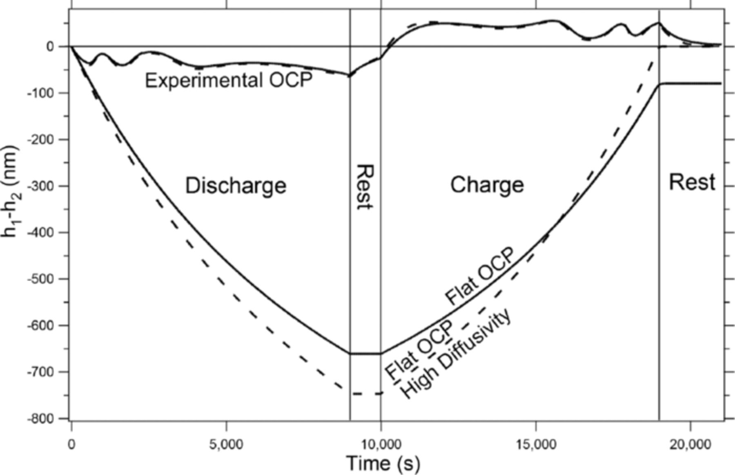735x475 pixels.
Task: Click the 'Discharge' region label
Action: click(236, 186)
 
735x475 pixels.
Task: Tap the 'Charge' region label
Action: click(487, 185)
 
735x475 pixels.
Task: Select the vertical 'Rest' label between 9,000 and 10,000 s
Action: click(365, 187)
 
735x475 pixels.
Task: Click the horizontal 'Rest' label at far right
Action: click(692, 182)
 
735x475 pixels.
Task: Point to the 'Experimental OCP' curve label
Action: click(228, 81)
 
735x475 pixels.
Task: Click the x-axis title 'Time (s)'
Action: click(383, 464)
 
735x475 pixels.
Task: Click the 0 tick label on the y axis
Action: click(50, 47)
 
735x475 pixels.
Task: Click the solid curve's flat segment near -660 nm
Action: click(365, 353)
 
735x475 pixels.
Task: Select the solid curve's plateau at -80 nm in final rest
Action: click(690, 83)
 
